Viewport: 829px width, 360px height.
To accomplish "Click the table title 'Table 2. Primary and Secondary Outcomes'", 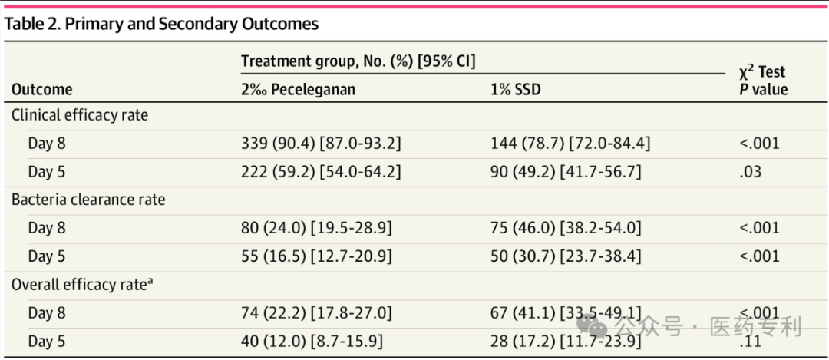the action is (162, 25).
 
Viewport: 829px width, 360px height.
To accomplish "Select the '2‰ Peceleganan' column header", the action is (298, 89).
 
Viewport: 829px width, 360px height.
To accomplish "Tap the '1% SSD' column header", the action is (516, 89).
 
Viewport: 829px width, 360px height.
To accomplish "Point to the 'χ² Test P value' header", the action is (764, 80).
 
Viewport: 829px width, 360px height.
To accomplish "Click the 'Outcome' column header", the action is (41, 89).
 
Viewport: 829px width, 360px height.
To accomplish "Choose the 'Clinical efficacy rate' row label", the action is (80, 116).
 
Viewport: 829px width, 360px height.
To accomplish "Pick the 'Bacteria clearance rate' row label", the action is (88, 200).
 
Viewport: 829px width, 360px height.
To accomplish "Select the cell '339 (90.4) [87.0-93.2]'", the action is (321, 144).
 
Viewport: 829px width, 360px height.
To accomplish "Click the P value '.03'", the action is (751, 173).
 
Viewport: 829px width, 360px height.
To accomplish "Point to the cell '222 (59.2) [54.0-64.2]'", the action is (321, 173).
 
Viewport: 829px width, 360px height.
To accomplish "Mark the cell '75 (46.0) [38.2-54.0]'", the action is (566, 229).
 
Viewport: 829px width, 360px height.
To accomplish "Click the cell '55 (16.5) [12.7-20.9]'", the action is (316, 256).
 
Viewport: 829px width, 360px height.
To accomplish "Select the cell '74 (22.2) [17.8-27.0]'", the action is (316, 313).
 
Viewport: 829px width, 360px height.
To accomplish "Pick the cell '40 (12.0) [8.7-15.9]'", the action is (312, 342).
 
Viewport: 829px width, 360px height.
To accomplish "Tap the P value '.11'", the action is (750, 342).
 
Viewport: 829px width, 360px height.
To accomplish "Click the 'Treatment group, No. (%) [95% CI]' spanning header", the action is (358, 61).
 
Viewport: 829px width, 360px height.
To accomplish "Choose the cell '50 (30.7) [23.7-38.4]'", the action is (566, 256).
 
